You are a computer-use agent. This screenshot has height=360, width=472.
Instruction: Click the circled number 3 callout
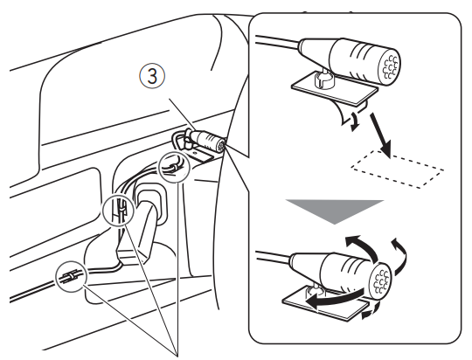(x=152, y=76)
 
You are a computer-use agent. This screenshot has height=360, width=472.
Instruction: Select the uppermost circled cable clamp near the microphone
(x=174, y=167)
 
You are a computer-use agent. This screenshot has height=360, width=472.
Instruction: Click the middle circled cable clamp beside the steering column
(x=118, y=210)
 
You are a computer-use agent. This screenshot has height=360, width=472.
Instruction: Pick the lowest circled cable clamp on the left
(x=71, y=277)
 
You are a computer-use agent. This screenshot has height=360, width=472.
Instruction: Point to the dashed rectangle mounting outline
(x=397, y=169)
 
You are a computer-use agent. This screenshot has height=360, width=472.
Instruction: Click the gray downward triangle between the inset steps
(x=335, y=211)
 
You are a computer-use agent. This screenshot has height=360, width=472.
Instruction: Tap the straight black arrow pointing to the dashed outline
(x=381, y=135)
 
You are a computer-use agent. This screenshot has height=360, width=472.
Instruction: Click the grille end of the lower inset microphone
(x=381, y=280)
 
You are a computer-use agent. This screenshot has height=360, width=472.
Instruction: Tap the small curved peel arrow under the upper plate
(x=355, y=121)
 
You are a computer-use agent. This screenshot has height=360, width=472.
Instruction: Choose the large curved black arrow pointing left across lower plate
(x=334, y=299)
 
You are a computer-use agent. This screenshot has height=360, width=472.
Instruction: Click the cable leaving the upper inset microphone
(x=277, y=42)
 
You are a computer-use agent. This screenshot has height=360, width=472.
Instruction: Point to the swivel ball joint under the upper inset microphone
(x=323, y=79)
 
